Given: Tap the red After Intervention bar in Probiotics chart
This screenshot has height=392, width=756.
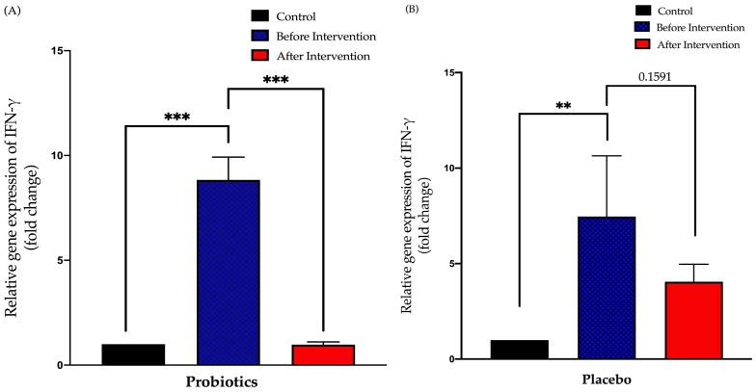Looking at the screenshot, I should pos(324,354).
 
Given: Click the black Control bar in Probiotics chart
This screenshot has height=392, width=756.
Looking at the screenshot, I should pos(133,354).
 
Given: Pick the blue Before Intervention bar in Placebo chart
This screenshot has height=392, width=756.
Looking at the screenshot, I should pos(606,288).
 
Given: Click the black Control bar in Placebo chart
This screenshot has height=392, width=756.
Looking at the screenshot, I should pos(519,349).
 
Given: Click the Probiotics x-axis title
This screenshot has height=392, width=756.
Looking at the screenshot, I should pos(229,381).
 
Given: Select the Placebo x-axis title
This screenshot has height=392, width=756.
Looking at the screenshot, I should pos(607,380).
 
